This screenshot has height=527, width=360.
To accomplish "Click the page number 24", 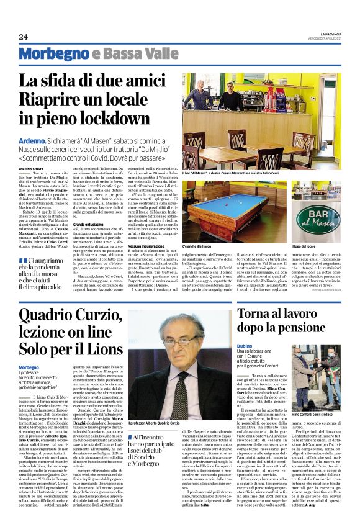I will pos(24,37).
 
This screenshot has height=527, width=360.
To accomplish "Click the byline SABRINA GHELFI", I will pos(31,168).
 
